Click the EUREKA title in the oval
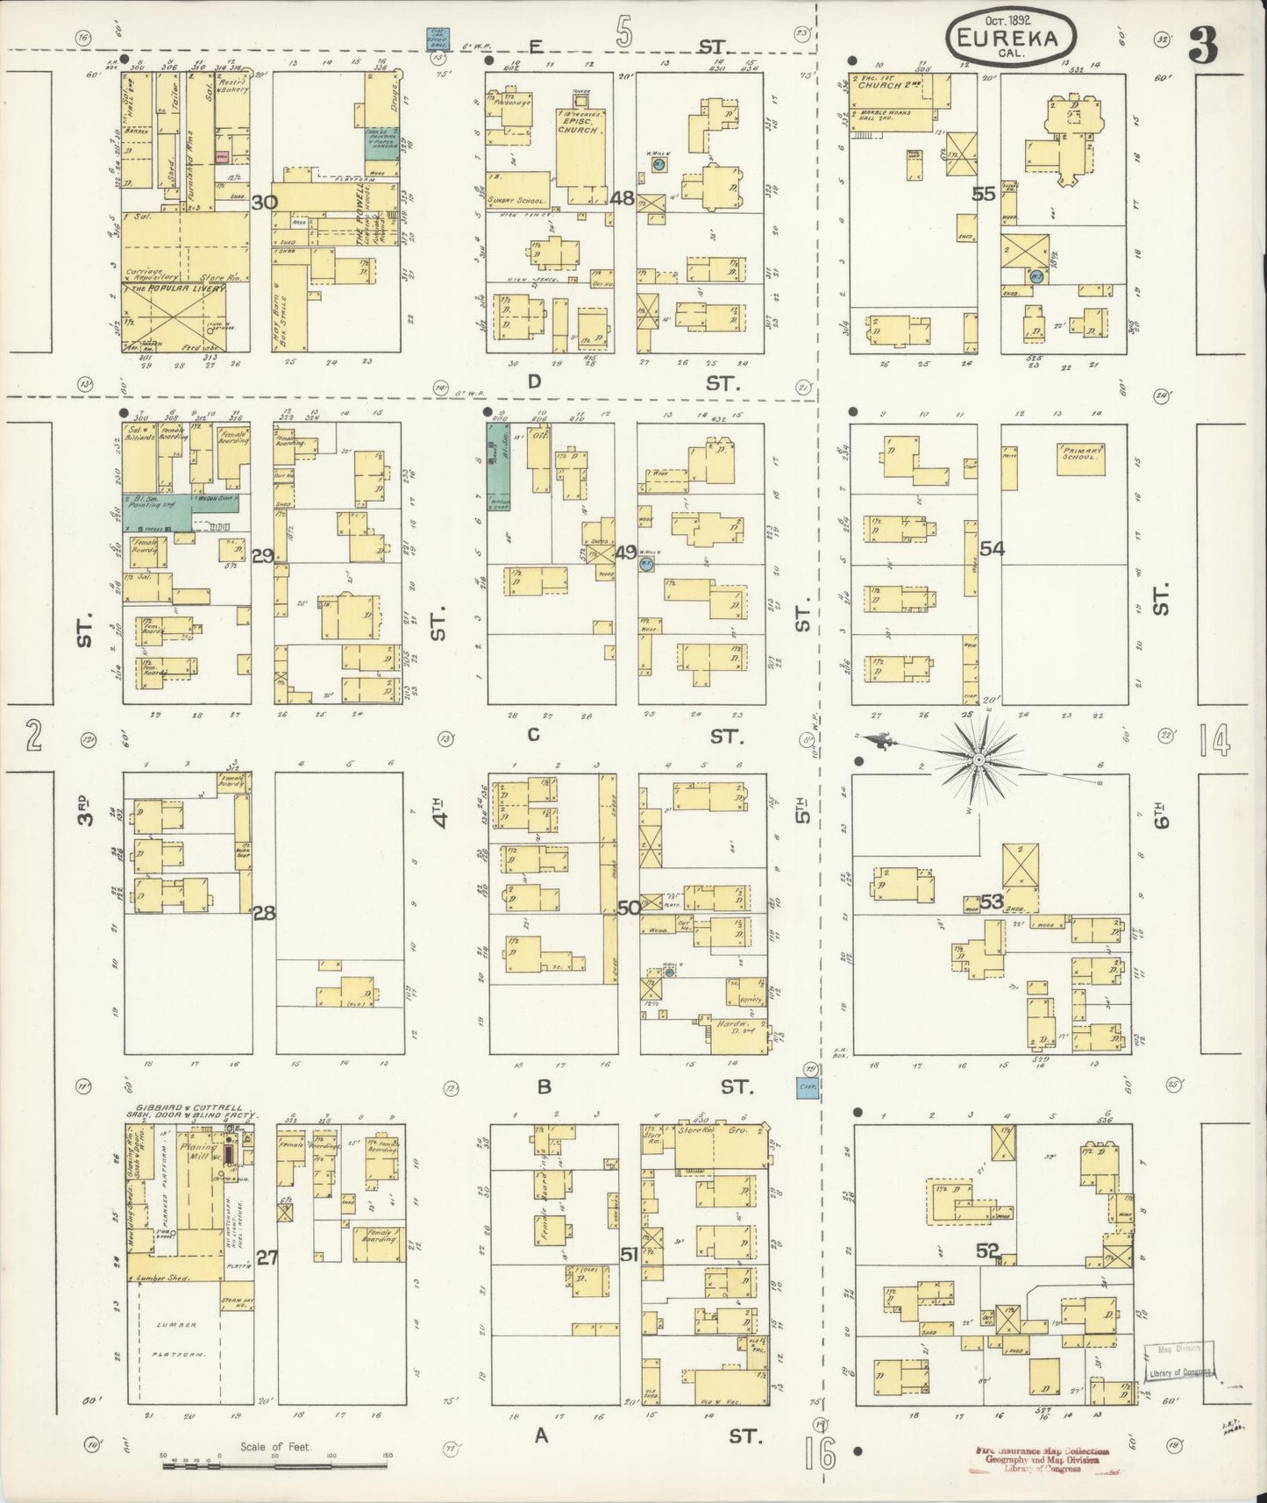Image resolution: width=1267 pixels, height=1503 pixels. click(1012, 39)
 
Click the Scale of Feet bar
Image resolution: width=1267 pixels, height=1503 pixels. click(277, 1457)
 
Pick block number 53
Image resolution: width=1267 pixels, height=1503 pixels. click(992, 901)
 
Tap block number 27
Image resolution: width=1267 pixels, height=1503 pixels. click(267, 1257)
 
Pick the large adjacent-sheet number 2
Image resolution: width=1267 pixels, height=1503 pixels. click(33, 737)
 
